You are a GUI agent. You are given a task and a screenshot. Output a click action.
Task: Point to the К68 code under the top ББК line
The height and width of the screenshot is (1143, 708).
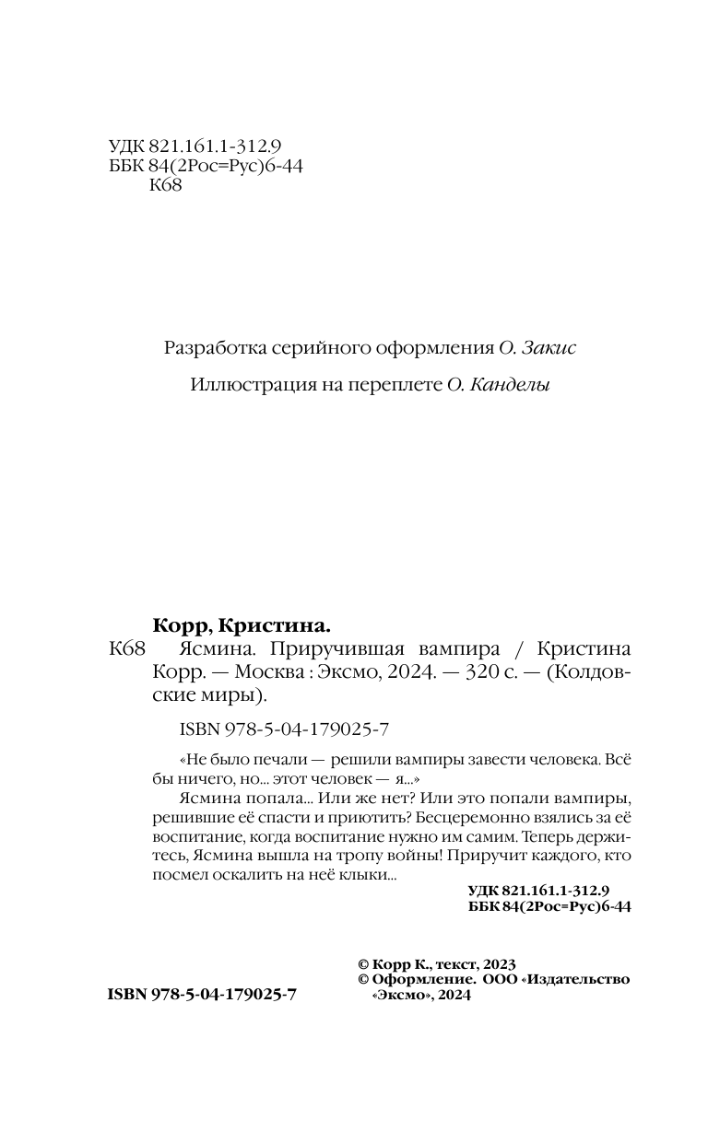[165, 186]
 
